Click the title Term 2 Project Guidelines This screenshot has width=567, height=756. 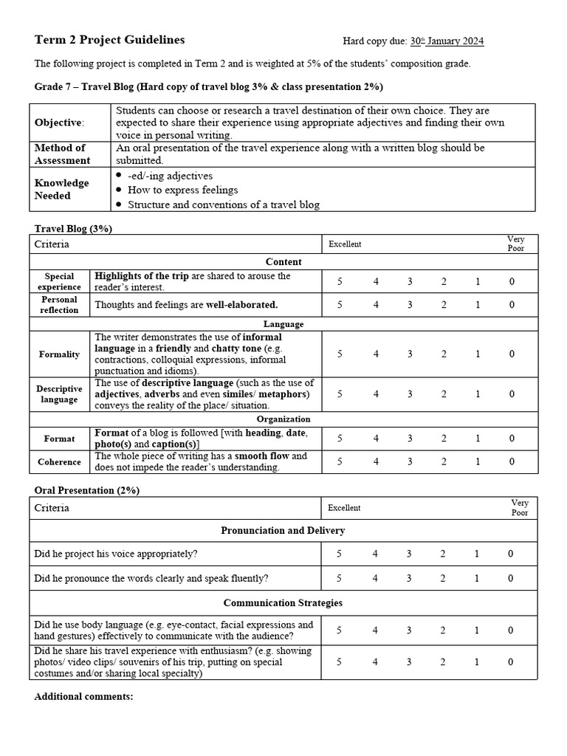[x=110, y=40]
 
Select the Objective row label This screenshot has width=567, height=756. [x=60, y=123]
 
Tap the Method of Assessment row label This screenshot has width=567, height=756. [x=63, y=154]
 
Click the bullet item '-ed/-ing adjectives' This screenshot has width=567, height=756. [x=170, y=176]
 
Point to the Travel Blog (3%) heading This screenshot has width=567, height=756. [x=73, y=229]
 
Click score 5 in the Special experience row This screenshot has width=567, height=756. [x=340, y=281]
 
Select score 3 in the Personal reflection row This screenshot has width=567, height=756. [x=409, y=305]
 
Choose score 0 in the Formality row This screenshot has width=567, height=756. [x=511, y=354]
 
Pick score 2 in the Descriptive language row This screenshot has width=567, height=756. [x=444, y=394]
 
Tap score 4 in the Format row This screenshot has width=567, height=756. [x=375, y=438]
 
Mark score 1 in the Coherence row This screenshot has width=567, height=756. [x=478, y=461]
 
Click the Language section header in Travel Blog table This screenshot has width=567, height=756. [x=283, y=324]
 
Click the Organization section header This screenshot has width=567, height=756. [x=283, y=419]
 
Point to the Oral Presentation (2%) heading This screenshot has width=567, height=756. [x=87, y=490]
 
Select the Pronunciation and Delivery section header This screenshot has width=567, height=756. [x=283, y=531]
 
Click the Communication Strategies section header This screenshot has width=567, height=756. [x=283, y=603]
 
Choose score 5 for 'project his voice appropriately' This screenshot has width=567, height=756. [x=340, y=554]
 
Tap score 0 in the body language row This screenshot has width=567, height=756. [x=511, y=630]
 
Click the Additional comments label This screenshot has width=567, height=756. [x=83, y=696]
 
